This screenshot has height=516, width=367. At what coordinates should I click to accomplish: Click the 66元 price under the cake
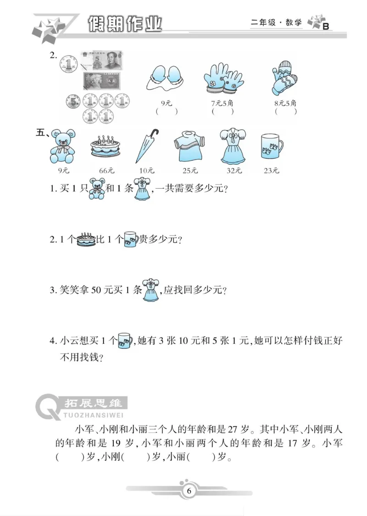[x=106, y=171]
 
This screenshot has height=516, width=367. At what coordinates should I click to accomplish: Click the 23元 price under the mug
[x=271, y=171]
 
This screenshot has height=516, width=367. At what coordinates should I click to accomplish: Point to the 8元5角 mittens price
[x=285, y=103]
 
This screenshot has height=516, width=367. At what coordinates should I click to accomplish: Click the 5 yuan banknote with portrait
[x=101, y=61]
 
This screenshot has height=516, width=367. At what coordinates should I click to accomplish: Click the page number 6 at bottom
[x=189, y=491]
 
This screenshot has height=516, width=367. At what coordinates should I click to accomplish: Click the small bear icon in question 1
[x=96, y=189]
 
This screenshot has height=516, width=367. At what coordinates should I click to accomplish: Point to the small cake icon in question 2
[x=85, y=239]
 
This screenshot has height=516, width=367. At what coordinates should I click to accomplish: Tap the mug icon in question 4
[x=124, y=341]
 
